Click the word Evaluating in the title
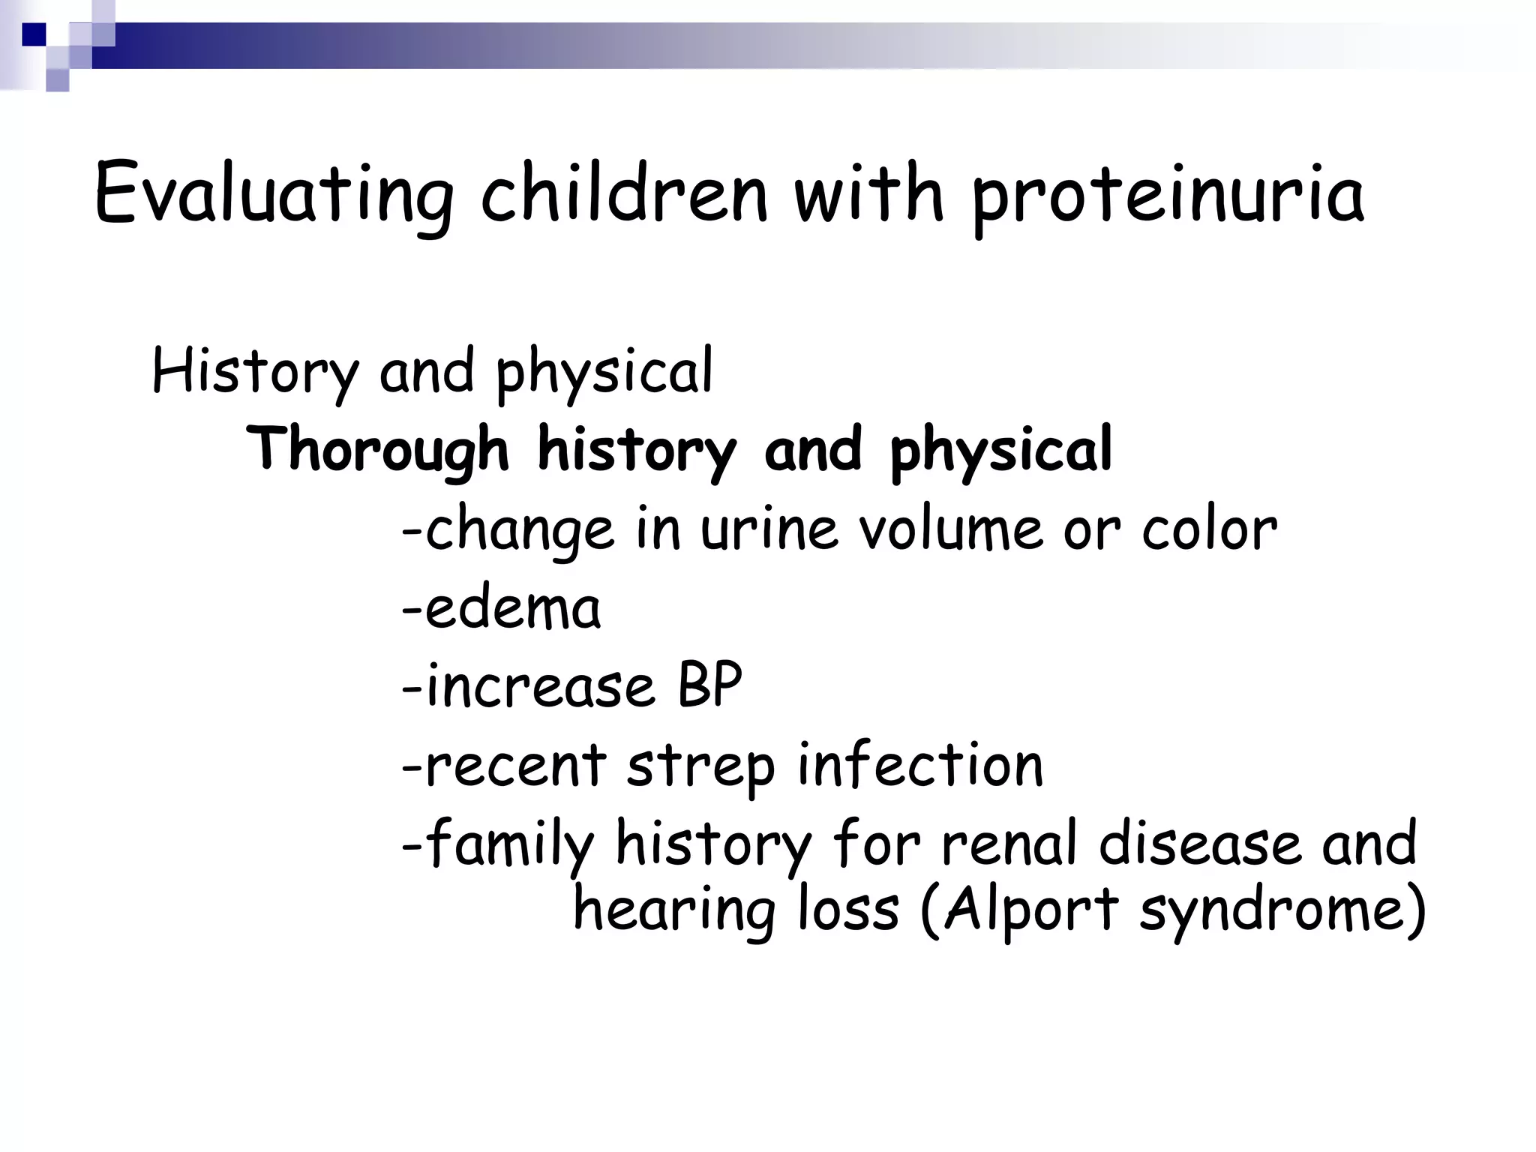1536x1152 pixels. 274,193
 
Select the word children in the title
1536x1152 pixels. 625,193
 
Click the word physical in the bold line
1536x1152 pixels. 1000,450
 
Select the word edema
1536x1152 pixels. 513,608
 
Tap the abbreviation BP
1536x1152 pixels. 709,686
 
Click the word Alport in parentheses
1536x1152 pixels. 1030,910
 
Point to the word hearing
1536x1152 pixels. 673,910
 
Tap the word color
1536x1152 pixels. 1209,529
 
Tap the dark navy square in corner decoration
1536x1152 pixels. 34,34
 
